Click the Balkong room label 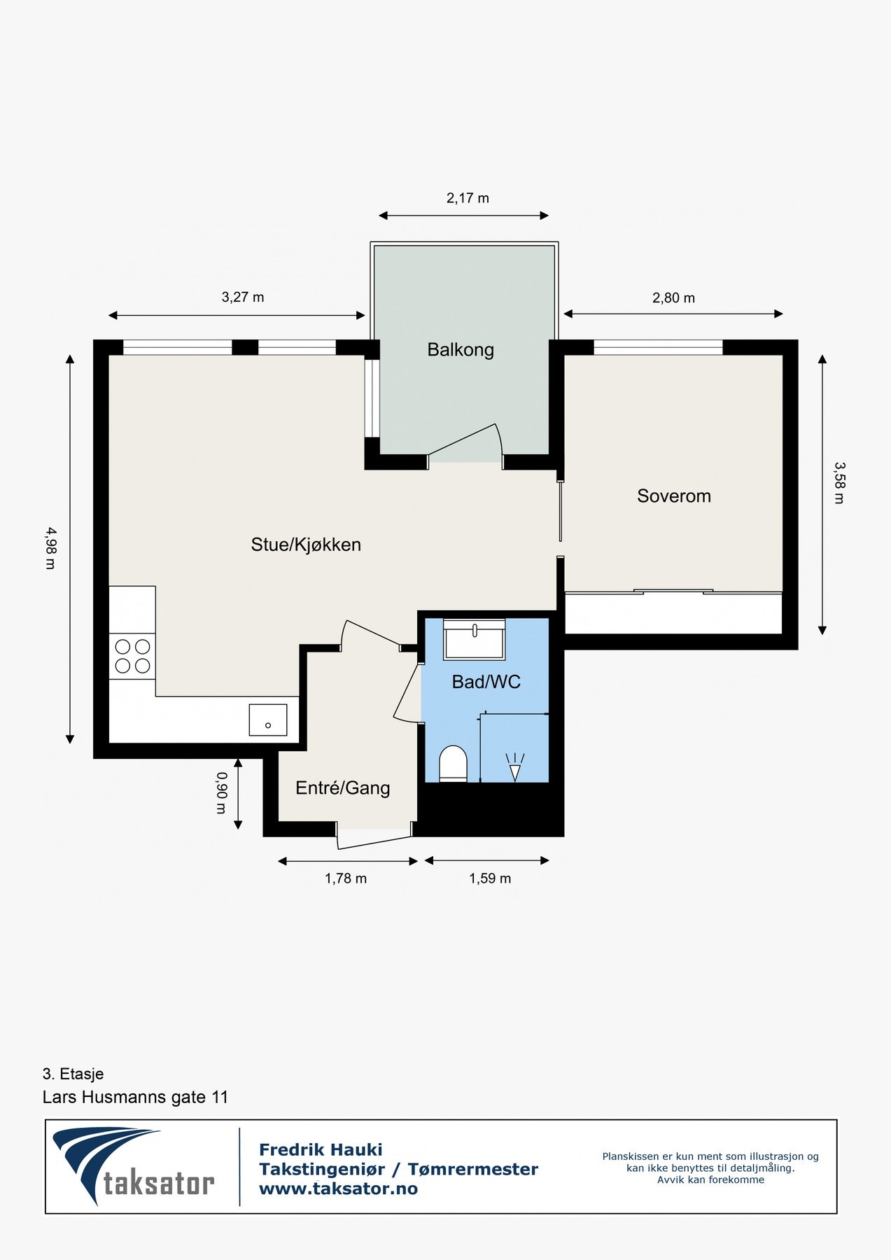[461, 349]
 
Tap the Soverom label [674, 496]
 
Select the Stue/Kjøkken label [306, 545]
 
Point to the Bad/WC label [486, 682]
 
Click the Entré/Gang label [343, 788]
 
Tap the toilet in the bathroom [453, 763]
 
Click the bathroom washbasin [475, 639]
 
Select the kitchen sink [268, 720]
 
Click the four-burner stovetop [132, 656]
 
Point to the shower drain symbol [515, 767]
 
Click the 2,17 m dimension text [468, 198]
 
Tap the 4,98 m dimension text [50, 548]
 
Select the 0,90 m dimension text [221, 793]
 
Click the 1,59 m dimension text [490, 878]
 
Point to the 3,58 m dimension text [839, 483]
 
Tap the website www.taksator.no [338, 1189]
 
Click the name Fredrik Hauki [321, 1149]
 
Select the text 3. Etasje [73, 1074]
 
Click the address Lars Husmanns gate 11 [136, 1097]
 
